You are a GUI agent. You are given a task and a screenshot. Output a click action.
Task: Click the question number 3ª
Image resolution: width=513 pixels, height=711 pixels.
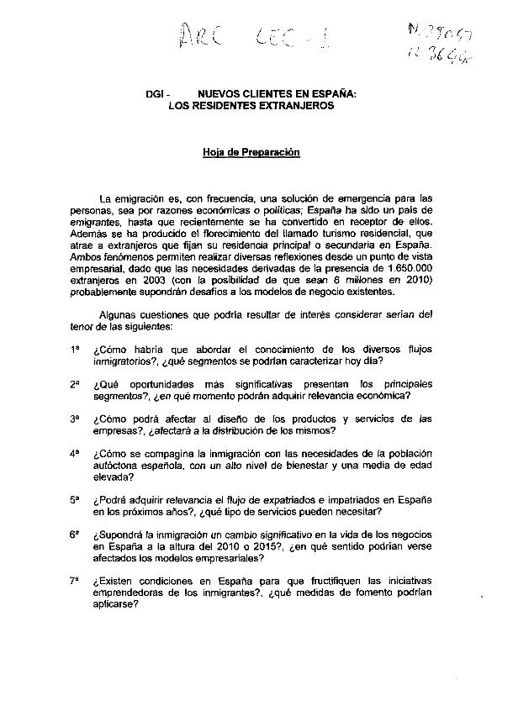pos(75,418)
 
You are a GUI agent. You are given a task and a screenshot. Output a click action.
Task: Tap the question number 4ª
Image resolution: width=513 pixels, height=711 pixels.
pos(75,452)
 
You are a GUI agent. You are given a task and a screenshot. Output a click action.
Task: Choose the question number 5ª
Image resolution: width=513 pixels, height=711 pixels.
pos(75,498)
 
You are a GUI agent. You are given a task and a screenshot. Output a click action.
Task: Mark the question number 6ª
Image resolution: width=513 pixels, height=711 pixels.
pos(75,533)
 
